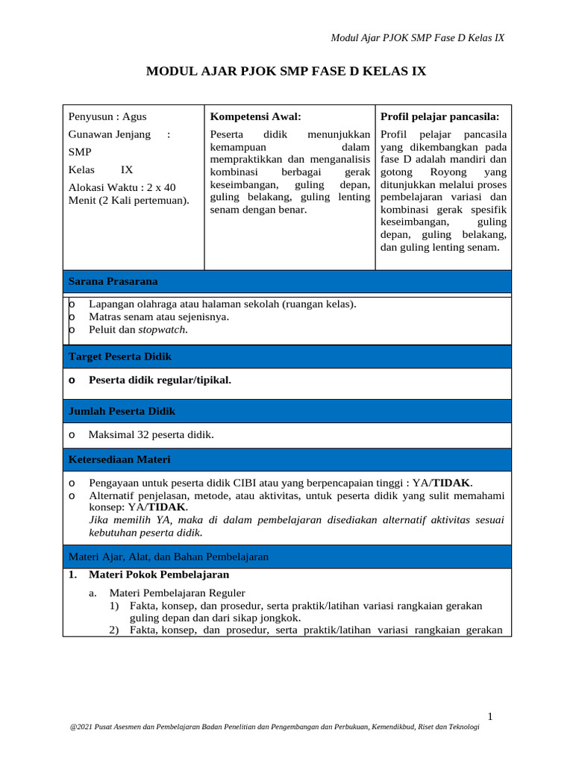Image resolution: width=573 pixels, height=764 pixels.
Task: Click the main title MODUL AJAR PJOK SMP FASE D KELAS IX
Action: pyautogui.click(x=286, y=72)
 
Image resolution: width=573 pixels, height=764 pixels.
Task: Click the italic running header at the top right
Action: pyautogui.click(x=417, y=38)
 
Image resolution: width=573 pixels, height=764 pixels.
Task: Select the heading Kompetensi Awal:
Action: pyautogui.click(x=255, y=116)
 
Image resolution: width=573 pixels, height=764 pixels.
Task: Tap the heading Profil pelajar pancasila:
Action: pyautogui.click(x=440, y=116)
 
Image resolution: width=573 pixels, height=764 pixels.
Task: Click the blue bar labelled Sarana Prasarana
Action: pyautogui.click(x=286, y=281)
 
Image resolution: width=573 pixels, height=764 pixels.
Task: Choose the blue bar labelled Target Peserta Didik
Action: pyautogui.click(x=286, y=357)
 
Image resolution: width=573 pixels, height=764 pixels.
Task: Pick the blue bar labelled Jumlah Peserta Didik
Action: pyautogui.click(x=286, y=411)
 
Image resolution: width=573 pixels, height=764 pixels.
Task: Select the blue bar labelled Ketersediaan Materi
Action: pyautogui.click(x=286, y=459)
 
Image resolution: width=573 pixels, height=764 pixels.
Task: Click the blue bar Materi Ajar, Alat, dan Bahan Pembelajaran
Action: pyautogui.click(x=286, y=557)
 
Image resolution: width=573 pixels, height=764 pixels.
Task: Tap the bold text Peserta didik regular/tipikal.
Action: pyautogui.click(x=160, y=380)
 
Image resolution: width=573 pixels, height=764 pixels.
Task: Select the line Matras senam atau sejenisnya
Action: pyautogui.click(x=158, y=316)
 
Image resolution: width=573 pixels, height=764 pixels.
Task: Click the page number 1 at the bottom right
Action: pyautogui.click(x=490, y=716)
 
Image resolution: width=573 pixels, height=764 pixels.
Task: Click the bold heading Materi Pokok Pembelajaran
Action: pyautogui.click(x=158, y=574)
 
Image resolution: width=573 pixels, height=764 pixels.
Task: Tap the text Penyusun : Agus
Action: pyautogui.click(x=107, y=116)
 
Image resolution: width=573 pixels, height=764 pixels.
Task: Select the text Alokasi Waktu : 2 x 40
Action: pyautogui.click(x=122, y=187)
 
